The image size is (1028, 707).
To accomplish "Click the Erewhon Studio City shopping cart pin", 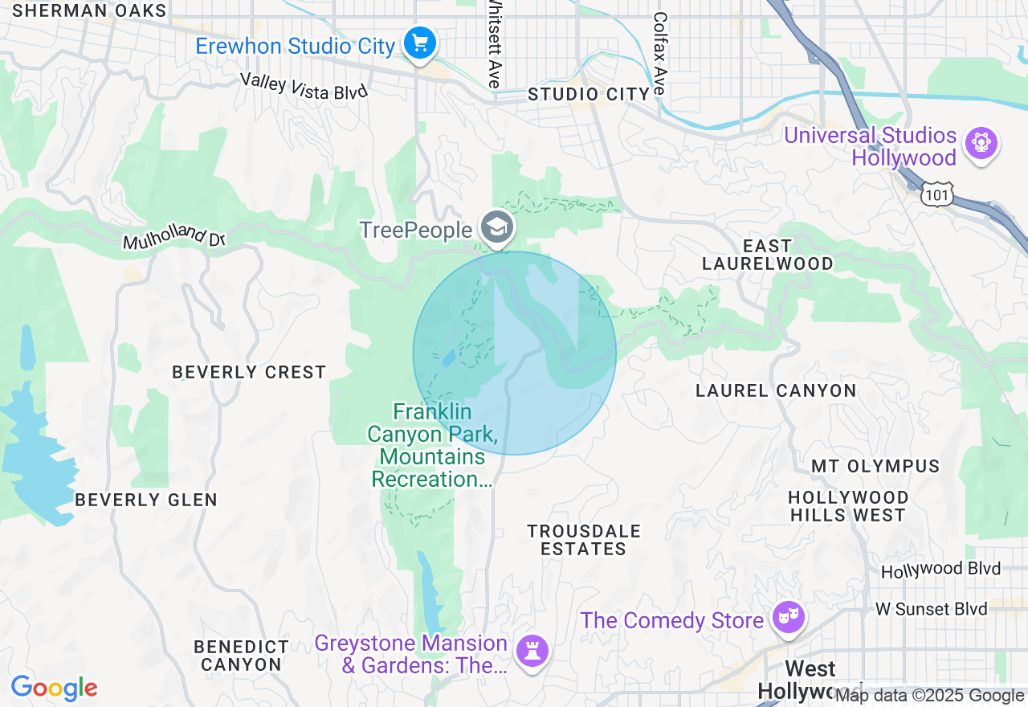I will point(419,43).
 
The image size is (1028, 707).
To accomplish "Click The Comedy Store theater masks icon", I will point(789,617).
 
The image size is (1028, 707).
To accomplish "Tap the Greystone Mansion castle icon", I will point(531,649).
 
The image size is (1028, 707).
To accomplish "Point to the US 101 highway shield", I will point(937,194).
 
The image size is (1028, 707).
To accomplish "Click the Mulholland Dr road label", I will point(174,236).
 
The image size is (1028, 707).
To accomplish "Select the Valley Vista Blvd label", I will point(304,86).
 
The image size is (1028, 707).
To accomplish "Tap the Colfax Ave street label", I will point(660,53).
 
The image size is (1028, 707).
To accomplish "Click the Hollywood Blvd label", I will point(940,570).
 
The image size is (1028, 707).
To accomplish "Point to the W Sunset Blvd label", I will point(931,609).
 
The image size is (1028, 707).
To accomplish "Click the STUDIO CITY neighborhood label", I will point(588,94).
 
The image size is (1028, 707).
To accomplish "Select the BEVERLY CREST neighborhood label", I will point(249,372).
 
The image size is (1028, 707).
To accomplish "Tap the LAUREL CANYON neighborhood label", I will point(776,390).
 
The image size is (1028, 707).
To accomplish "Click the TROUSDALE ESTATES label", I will point(583,540).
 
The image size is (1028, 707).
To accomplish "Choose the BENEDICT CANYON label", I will point(241,656).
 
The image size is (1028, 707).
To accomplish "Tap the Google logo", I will point(54,688).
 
